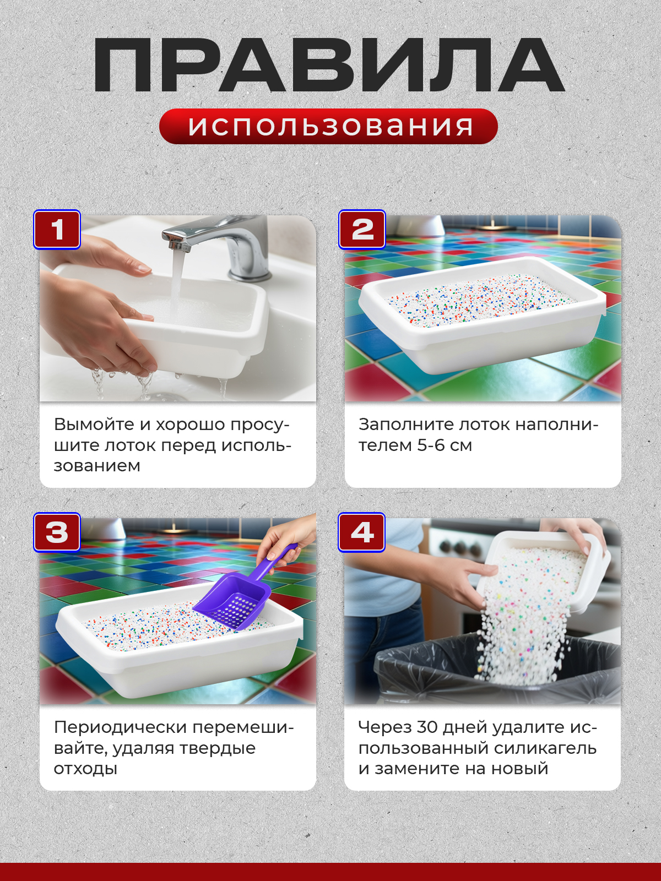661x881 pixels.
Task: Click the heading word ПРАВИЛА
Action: [x=329, y=66]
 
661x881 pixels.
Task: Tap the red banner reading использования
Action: [x=329, y=127]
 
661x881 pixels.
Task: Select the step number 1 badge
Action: [x=57, y=230]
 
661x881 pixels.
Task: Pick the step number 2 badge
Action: [x=362, y=230]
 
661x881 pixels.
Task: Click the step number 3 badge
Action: [x=57, y=532]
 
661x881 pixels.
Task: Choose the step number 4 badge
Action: [x=361, y=532]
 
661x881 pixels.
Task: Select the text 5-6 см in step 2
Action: [x=445, y=445]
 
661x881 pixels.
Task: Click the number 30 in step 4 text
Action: [x=427, y=727]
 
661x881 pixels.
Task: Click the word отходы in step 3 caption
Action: [x=85, y=769]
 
